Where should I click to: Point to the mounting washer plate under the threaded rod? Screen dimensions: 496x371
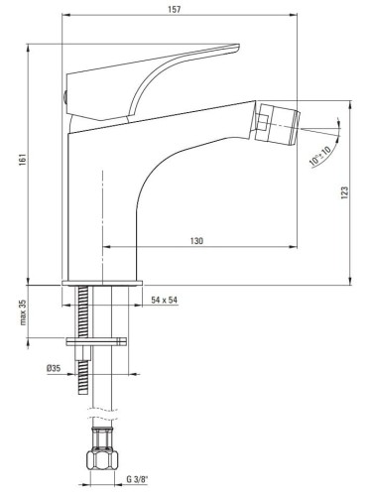[97, 342]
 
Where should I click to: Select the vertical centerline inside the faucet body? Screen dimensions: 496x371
[102, 208]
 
